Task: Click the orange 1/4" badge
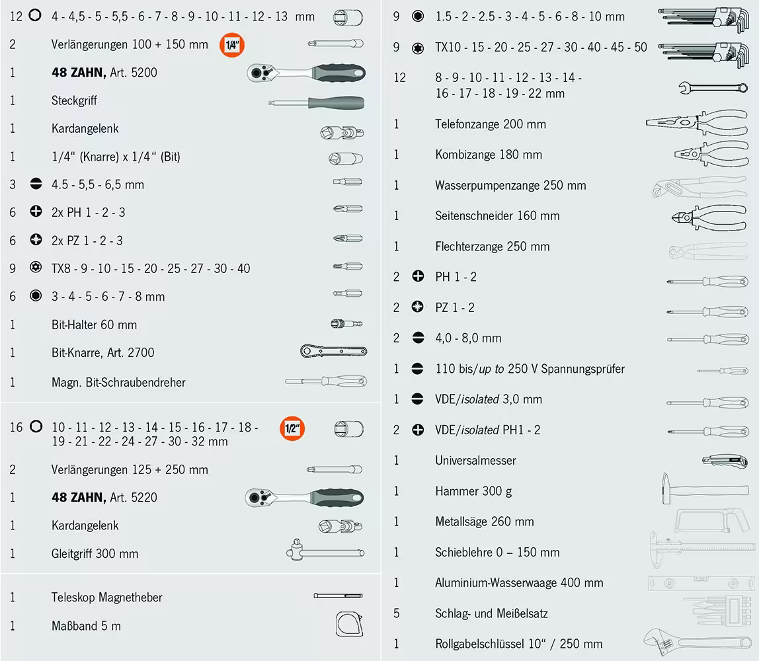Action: tap(232, 45)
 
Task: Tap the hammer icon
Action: tap(703, 490)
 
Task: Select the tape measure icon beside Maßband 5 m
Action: tap(348, 625)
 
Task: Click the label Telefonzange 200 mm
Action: tap(490, 124)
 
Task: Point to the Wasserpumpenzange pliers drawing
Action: tap(698, 186)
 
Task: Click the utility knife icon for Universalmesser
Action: tap(724, 460)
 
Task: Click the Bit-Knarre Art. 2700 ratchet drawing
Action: tap(333, 352)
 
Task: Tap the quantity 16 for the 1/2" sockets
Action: tap(16, 427)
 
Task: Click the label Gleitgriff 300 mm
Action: tap(95, 554)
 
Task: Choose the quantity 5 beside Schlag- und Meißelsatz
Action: tap(396, 613)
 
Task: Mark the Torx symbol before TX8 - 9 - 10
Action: tap(36, 268)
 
